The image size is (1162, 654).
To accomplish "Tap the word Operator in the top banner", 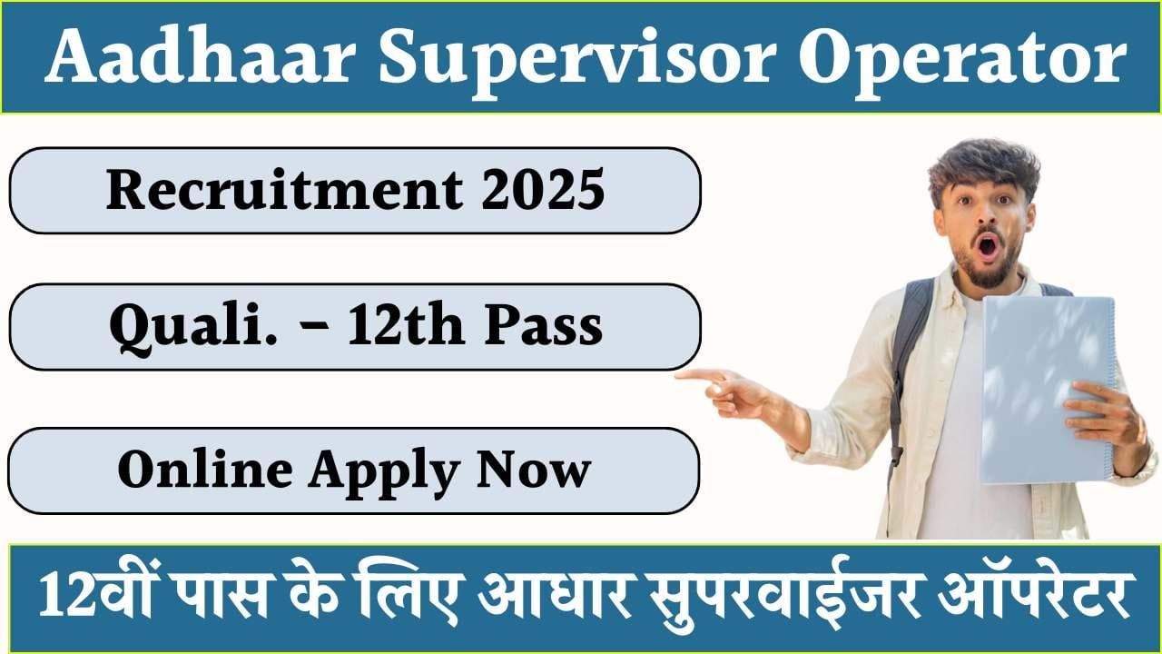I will click(x=963, y=57).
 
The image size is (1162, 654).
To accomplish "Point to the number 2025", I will click(x=551, y=191).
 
